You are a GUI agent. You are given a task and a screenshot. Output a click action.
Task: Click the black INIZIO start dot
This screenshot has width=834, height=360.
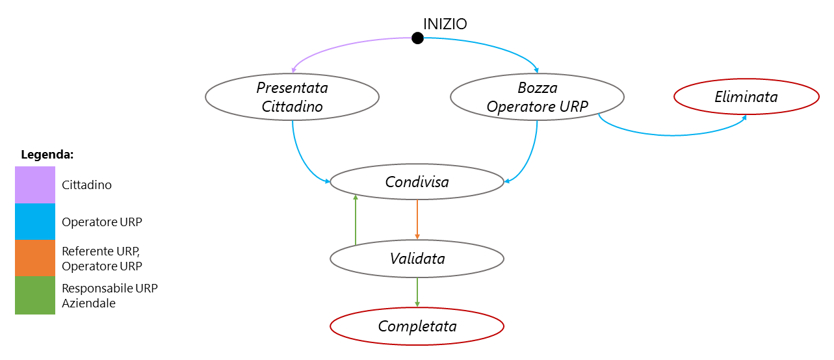[x=417, y=38]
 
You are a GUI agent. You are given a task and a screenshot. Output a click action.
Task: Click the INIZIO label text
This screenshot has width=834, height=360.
[x=445, y=24]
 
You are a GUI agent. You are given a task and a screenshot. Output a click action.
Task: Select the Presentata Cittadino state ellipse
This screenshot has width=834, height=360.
[x=292, y=97]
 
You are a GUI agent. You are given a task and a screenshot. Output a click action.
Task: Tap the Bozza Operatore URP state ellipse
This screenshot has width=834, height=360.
[x=537, y=97]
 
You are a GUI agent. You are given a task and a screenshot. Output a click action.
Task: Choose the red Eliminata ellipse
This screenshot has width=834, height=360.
[x=746, y=97]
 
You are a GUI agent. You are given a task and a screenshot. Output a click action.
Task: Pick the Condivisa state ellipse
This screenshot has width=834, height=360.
[x=417, y=182]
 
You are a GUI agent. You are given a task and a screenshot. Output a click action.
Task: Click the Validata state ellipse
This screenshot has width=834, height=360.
[x=417, y=259]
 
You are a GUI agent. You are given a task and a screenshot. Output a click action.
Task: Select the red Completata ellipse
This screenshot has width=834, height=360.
[x=417, y=326]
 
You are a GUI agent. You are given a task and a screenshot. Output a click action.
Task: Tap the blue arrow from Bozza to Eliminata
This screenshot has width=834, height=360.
[x=670, y=135]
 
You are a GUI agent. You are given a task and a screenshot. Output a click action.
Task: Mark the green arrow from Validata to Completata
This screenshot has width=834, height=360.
[x=417, y=291]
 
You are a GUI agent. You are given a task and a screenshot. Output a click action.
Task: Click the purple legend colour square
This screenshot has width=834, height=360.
[x=35, y=185]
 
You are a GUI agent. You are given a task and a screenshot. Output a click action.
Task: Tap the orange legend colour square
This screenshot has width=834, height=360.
[x=35, y=258]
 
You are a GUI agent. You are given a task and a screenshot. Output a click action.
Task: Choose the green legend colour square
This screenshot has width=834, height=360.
[x=35, y=295]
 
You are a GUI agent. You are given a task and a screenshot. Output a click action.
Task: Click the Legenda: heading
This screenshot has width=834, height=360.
[x=47, y=155]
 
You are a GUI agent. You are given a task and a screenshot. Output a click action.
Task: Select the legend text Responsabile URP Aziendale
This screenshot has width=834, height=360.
[x=109, y=295]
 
